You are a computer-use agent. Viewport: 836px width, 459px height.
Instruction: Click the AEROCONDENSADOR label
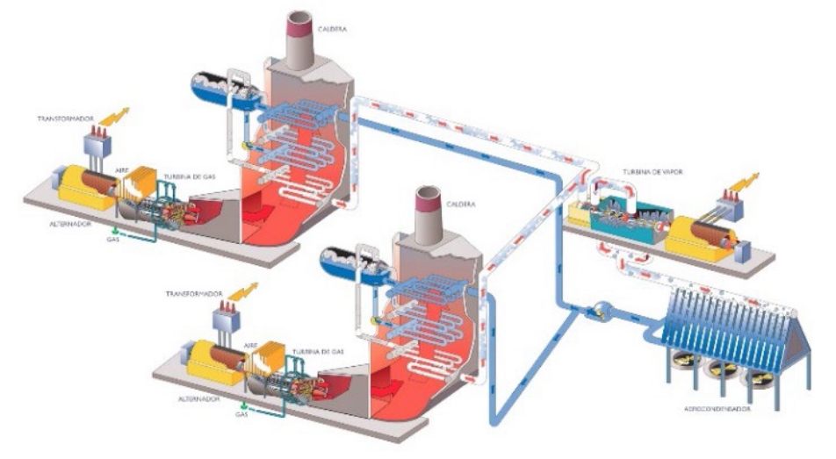coord(721,409)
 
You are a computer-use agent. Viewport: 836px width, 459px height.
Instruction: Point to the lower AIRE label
coord(253,321)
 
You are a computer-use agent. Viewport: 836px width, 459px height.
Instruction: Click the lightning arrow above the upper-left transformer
coord(113,117)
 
